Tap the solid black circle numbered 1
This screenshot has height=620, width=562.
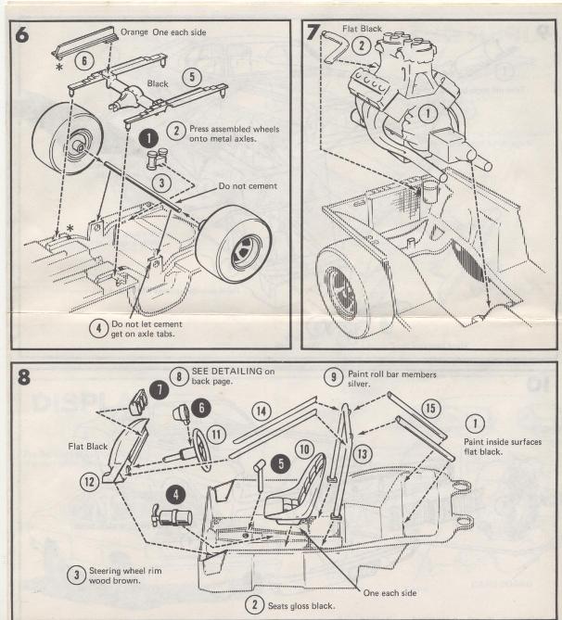(x=147, y=137)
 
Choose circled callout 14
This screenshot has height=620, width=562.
(x=262, y=409)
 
